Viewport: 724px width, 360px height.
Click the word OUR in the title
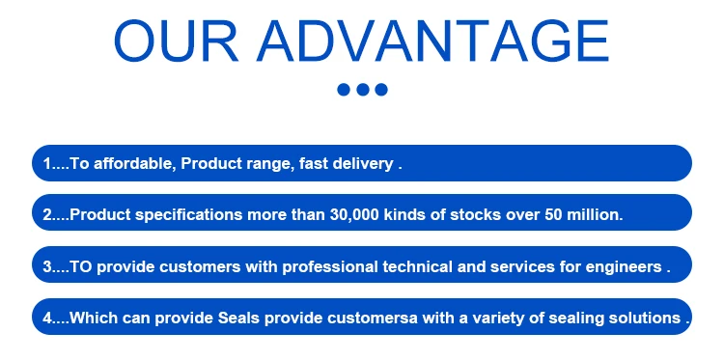click(176, 41)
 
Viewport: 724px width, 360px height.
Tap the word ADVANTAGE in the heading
click(433, 41)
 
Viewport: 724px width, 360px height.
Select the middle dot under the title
click(362, 90)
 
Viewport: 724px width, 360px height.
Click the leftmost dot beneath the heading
click(344, 90)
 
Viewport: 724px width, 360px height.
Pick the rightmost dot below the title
click(381, 90)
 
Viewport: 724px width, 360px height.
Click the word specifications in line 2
click(188, 215)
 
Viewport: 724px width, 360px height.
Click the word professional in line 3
click(330, 267)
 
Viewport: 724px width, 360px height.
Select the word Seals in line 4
click(238, 318)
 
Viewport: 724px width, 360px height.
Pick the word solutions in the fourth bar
click(645, 318)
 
